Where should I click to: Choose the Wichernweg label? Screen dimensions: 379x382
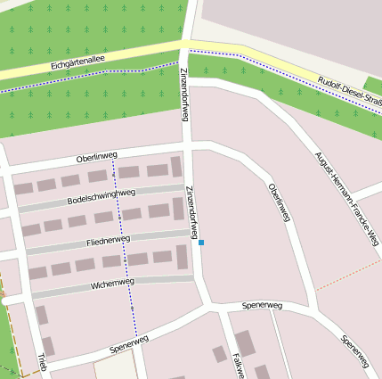coord(112,284)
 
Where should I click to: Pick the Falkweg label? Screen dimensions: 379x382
coord(237,365)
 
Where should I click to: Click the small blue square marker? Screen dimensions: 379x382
coord(201,243)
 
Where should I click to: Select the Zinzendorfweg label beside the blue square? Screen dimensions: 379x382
coord(191,212)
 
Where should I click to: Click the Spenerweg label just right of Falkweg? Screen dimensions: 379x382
coord(262,306)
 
